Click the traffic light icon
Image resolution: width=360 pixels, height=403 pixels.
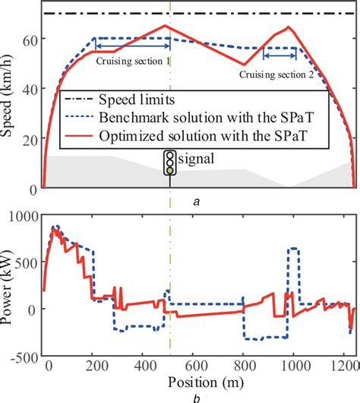tap(170, 162)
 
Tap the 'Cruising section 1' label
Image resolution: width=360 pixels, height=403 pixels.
tap(134, 64)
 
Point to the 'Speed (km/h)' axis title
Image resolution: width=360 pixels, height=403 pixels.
tap(11, 99)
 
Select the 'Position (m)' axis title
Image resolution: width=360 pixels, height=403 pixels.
tap(197, 381)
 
